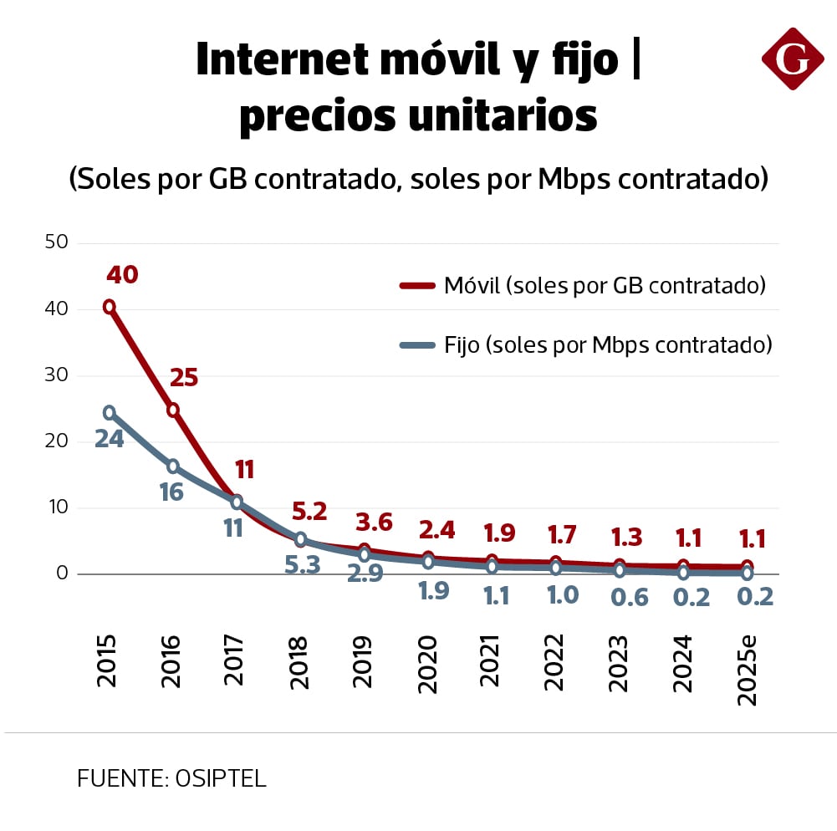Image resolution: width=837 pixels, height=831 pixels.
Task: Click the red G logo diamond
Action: (792, 59)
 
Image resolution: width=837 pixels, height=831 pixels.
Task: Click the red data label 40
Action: (121, 274)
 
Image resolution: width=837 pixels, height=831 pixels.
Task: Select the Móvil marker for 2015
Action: (109, 307)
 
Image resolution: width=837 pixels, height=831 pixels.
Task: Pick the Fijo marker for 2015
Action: (109, 412)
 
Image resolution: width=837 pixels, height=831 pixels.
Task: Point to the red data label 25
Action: (184, 378)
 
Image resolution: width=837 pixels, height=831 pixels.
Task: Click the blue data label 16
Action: (171, 492)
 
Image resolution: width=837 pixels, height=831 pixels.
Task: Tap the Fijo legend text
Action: (607, 344)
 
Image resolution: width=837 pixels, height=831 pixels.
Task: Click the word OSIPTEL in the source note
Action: (221, 779)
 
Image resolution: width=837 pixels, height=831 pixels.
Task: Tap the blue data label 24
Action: (109, 439)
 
